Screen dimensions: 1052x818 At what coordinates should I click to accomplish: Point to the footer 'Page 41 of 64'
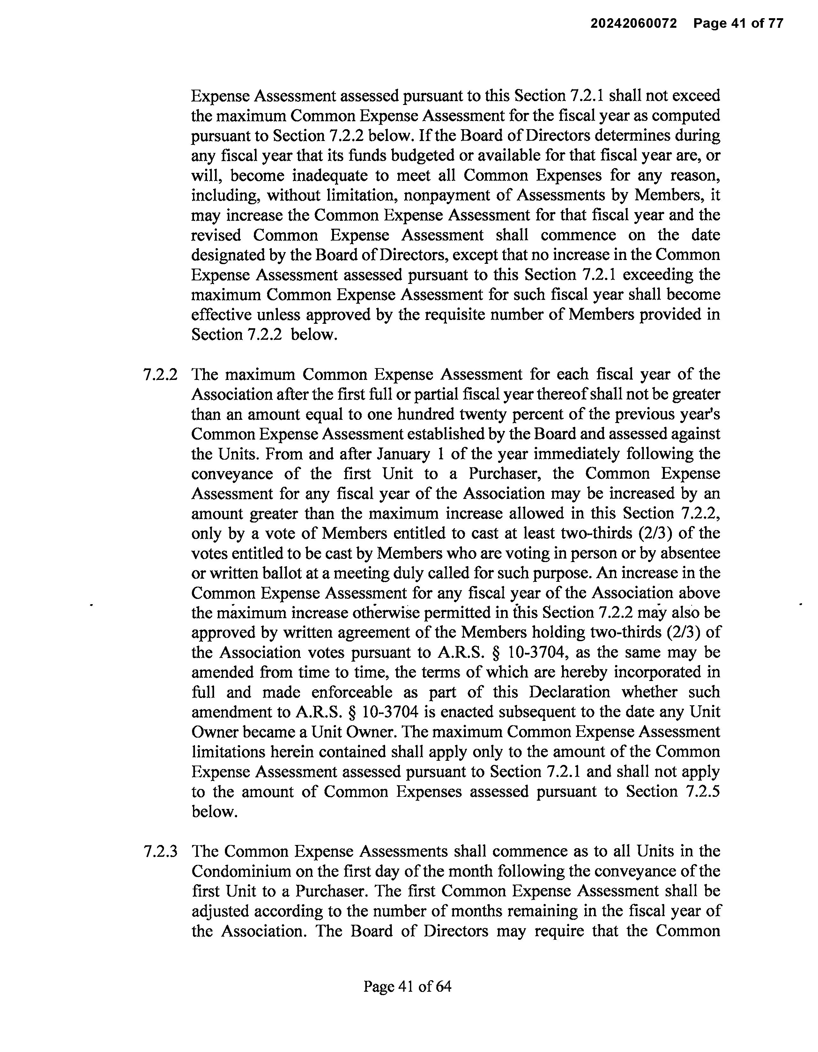(407, 987)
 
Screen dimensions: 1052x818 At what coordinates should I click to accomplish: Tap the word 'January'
(403, 454)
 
